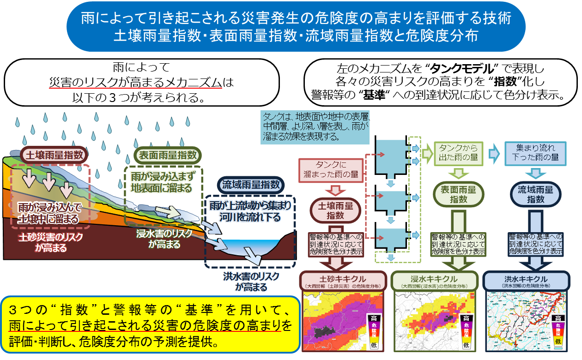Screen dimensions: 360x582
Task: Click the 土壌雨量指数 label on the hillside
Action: pyautogui.click(x=54, y=155)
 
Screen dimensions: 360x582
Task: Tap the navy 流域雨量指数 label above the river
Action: pyautogui.click(x=251, y=185)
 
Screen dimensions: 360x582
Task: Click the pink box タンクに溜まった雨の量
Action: pyautogui.click(x=330, y=169)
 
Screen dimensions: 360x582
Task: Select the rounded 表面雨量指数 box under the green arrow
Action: pyautogui.click(x=459, y=194)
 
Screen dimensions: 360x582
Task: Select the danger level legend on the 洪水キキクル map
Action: pyautogui.click(x=558, y=330)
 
